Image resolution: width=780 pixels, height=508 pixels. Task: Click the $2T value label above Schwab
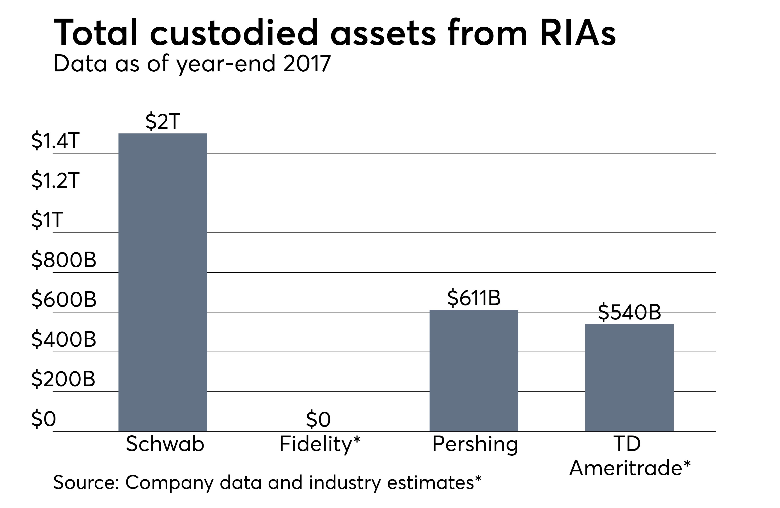[163, 122]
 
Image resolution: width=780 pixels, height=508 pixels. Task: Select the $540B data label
[629, 312]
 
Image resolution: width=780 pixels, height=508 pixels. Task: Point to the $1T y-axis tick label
[46, 220]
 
